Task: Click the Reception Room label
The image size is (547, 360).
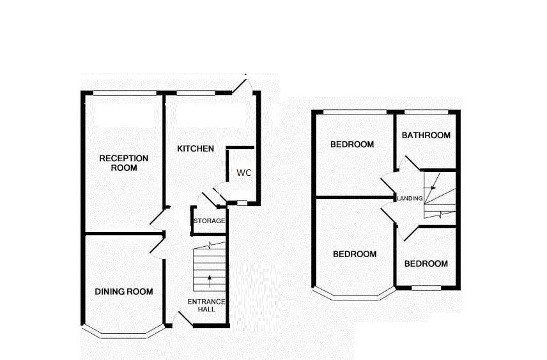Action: (x=123, y=163)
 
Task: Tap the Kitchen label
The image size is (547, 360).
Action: (x=196, y=148)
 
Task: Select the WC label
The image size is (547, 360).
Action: (x=243, y=173)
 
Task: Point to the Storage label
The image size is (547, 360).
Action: (x=210, y=221)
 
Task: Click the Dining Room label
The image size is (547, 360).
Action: (x=124, y=292)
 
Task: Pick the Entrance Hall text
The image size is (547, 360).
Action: (x=206, y=305)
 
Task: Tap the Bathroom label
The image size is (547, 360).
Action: (x=426, y=135)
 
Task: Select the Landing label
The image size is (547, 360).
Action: (x=410, y=198)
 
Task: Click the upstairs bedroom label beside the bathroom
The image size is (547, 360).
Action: (x=352, y=144)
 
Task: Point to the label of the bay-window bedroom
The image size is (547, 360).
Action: (x=355, y=254)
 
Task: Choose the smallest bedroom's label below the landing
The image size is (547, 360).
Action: (x=426, y=263)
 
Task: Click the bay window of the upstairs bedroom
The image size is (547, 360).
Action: (x=355, y=297)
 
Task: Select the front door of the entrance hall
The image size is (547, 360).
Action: (x=183, y=319)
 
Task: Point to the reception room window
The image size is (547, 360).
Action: (x=125, y=94)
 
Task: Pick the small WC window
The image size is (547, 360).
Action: (x=242, y=203)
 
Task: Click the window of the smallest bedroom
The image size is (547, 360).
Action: (x=426, y=288)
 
